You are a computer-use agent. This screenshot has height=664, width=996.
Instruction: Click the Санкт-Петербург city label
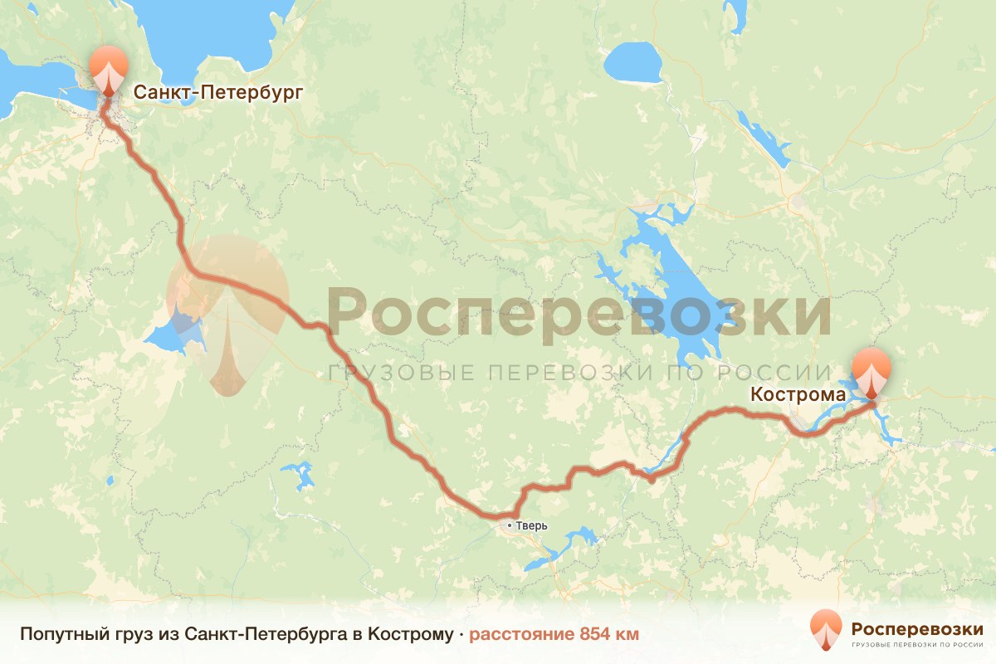pos(214,91)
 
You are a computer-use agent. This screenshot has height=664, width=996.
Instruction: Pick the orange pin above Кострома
pos(871,372)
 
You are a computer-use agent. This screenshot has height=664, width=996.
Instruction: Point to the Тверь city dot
pos(510,525)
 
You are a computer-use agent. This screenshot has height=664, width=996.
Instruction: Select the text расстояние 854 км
pos(554,634)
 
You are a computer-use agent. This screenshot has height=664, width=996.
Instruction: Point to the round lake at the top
pos(633,61)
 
